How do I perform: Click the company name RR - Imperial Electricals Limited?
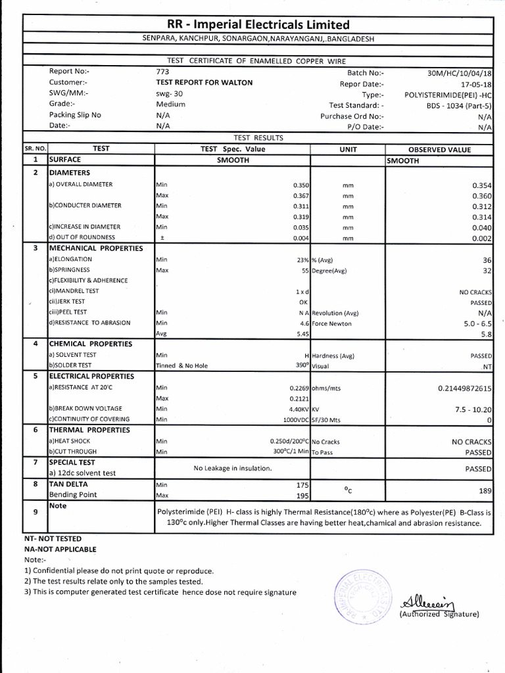click(x=258, y=25)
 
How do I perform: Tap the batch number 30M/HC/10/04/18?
click(x=460, y=73)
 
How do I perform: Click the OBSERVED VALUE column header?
click(x=439, y=149)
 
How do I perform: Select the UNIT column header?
click(x=347, y=149)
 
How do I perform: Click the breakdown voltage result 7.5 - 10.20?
click(x=472, y=408)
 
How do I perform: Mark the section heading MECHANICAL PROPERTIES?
click(x=95, y=248)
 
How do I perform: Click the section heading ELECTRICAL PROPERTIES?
click(x=91, y=377)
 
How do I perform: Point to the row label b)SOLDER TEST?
click(x=70, y=365)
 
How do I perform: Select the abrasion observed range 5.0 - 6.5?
click(x=475, y=323)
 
